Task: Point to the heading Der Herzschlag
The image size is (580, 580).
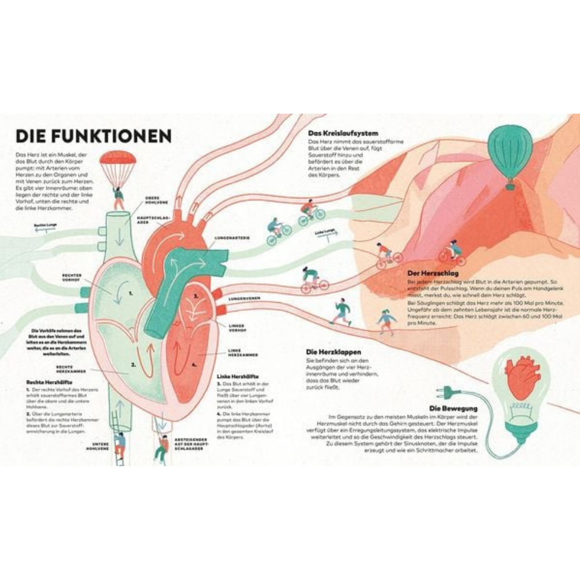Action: tap(426, 271)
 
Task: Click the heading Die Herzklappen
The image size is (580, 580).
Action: tap(333, 351)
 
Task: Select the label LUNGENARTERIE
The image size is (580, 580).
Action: tap(232, 237)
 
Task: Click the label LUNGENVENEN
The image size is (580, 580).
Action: tap(244, 298)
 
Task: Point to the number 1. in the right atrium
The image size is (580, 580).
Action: tap(130, 293)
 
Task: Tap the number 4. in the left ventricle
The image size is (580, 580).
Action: tap(194, 365)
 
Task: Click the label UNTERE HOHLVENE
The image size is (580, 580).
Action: tap(98, 447)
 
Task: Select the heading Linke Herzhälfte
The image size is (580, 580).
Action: tap(237, 375)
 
